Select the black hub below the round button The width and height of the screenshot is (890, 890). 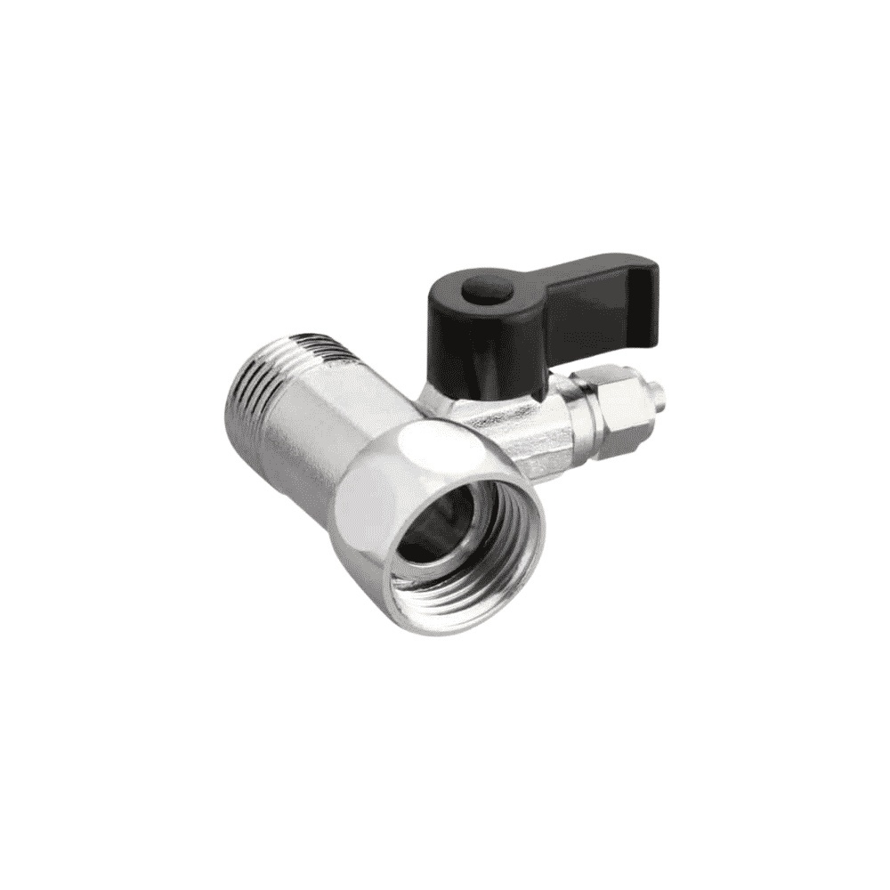pyautogui.click(x=476, y=343)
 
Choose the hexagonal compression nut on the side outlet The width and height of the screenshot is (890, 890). pyautogui.click(x=614, y=409)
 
